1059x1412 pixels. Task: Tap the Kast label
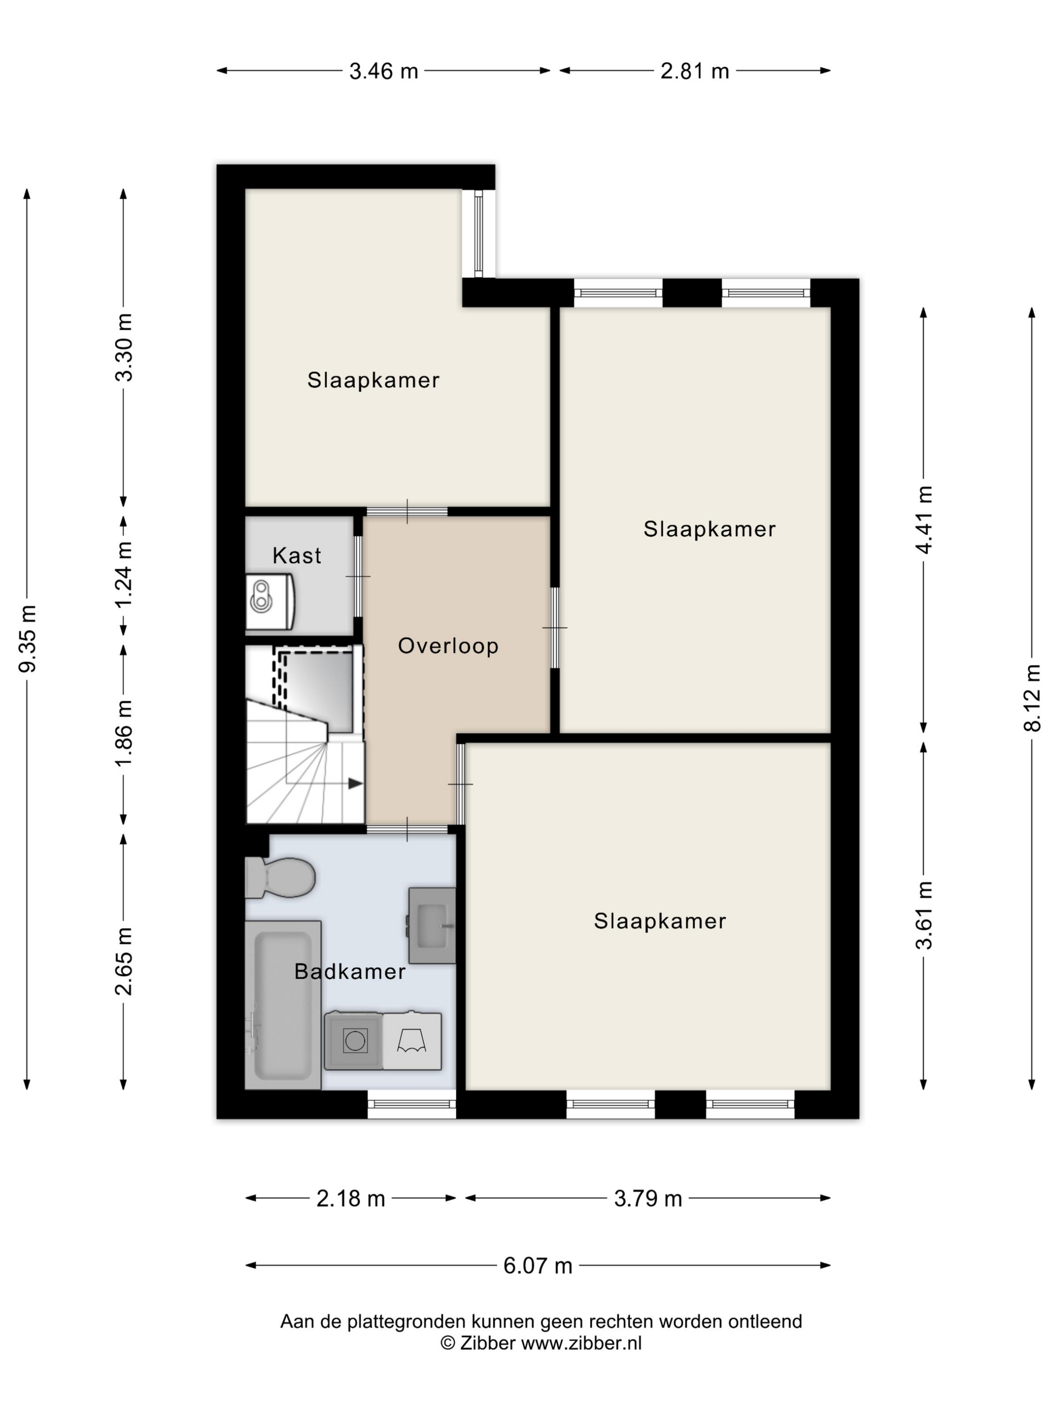[x=297, y=555]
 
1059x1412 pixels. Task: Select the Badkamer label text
[x=350, y=972]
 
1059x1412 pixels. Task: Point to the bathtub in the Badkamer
[x=283, y=1004]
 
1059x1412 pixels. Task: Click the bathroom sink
[x=432, y=925]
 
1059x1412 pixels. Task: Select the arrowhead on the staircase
[x=356, y=783]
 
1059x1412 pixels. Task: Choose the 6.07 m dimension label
[x=538, y=1265]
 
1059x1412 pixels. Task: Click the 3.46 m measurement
[x=384, y=71]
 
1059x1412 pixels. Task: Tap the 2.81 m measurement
[x=694, y=71]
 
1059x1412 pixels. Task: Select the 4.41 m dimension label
[x=924, y=519]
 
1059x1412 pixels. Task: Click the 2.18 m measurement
[x=351, y=1199]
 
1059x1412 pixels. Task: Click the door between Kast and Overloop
[x=358, y=576]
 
